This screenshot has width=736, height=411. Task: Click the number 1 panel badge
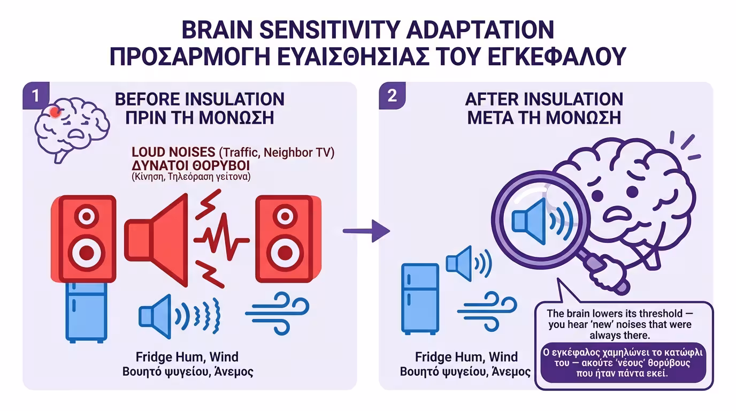pyautogui.click(x=35, y=96)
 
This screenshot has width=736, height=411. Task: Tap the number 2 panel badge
pyautogui.click(x=392, y=96)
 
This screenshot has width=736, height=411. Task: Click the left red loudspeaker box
pyautogui.click(x=85, y=239)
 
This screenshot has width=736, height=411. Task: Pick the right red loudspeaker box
pyautogui.click(x=288, y=239)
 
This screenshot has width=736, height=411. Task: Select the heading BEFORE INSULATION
pyautogui.click(x=200, y=99)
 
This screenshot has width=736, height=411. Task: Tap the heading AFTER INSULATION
pyautogui.click(x=544, y=99)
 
